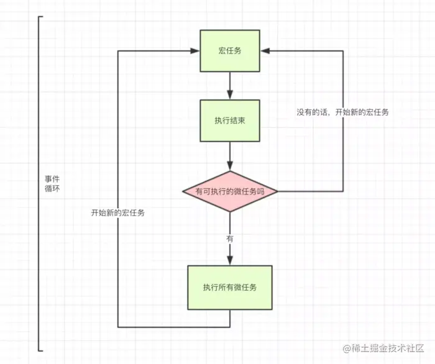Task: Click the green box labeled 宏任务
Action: click(x=230, y=51)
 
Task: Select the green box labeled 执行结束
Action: click(x=230, y=121)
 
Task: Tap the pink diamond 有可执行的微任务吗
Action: click(x=230, y=191)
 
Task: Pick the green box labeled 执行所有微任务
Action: click(x=230, y=288)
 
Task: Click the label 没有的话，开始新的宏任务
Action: click(x=342, y=112)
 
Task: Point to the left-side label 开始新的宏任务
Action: click(x=118, y=212)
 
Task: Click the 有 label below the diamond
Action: click(x=230, y=239)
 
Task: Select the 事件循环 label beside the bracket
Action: click(x=52, y=184)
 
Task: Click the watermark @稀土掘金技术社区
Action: click(x=383, y=348)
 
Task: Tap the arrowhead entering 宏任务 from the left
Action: click(x=195, y=51)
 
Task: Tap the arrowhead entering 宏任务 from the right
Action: click(x=265, y=51)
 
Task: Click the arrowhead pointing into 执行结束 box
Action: click(x=230, y=95)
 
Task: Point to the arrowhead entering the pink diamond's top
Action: click(x=230, y=166)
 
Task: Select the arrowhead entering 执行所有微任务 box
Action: click(x=230, y=261)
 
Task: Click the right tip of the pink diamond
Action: click(x=278, y=191)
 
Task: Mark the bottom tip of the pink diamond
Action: click(x=230, y=212)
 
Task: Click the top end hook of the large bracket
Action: click(x=41, y=17)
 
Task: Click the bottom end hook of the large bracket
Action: click(x=41, y=351)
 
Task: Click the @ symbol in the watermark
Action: click(x=347, y=348)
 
